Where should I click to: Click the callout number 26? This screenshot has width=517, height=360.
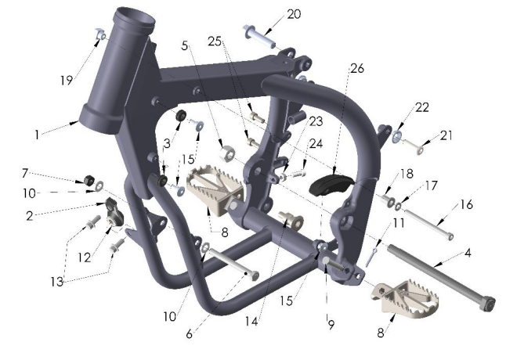click(x=356, y=69)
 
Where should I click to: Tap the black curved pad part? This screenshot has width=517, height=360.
click(x=331, y=185)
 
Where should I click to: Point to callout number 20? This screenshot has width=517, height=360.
click(x=294, y=14)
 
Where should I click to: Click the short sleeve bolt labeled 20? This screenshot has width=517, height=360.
click(x=258, y=36)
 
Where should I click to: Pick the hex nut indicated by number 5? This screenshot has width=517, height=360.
click(x=227, y=153)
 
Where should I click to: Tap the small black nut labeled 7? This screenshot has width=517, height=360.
click(x=89, y=180)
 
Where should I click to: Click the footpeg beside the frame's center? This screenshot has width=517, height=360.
click(x=215, y=190)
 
